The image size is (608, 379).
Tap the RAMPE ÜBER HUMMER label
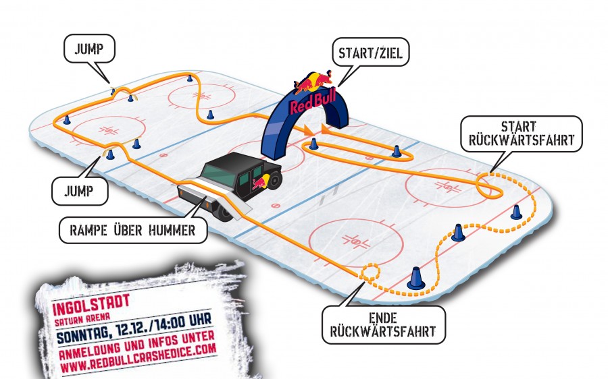(132, 231)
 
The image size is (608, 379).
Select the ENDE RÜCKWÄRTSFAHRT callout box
(383, 325)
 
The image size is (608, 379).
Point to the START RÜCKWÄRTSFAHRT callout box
(521, 134)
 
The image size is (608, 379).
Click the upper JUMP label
(89, 49)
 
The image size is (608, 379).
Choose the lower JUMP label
(79, 191)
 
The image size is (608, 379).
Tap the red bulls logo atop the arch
(313, 82)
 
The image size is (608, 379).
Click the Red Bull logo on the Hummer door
(261, 181)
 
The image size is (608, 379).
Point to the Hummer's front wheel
(225, 212)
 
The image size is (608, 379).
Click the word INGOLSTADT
(91, 305)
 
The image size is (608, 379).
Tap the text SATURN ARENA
(77, 320)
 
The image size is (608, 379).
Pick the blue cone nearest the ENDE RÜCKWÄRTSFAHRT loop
(415, 279)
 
